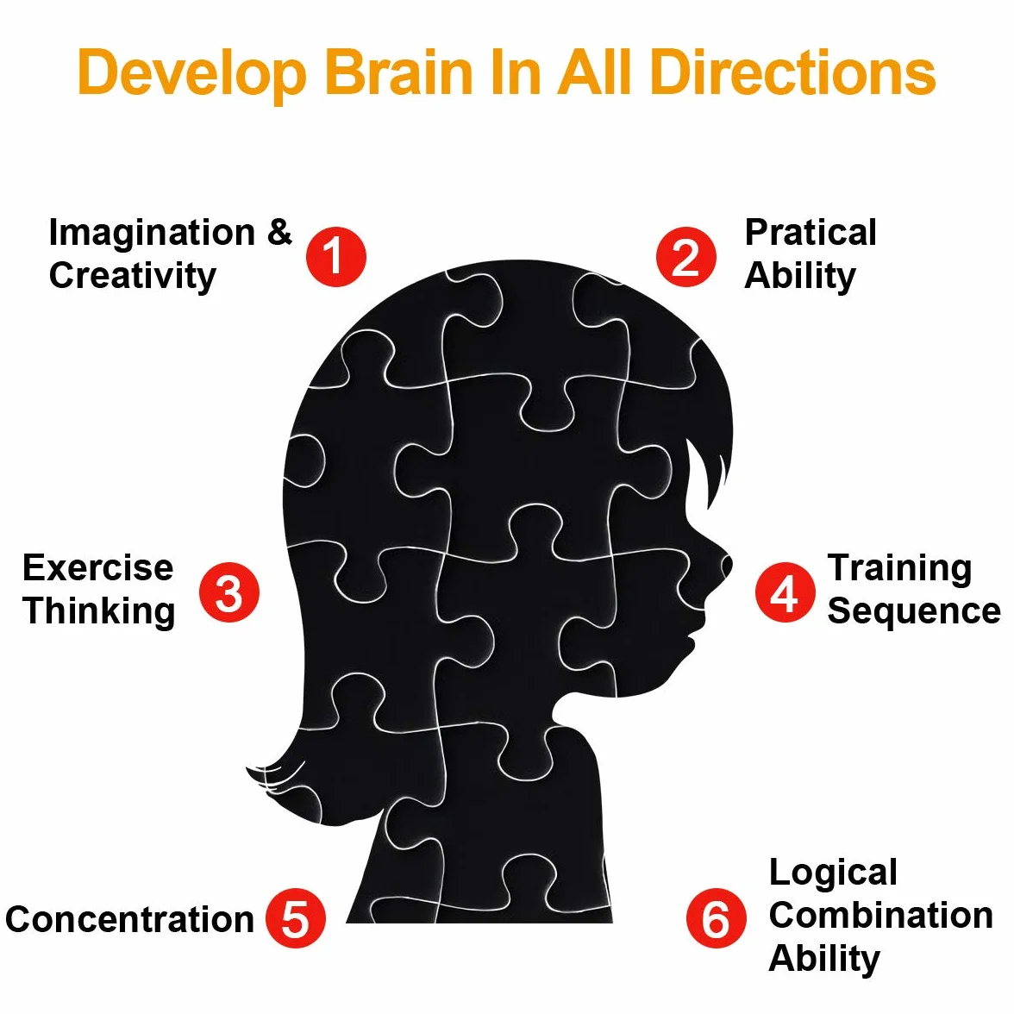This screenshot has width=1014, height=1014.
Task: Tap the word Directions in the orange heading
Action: click(x=793, y=72)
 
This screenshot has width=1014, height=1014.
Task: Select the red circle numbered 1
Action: click(x=336, y=257)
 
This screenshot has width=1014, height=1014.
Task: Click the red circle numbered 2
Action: click(x=686, y=257)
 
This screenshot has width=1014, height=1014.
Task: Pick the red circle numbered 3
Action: click(x=229, y=592)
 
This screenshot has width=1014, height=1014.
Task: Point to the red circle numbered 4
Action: click(x=785, y=592)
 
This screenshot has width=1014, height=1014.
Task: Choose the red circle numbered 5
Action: click(x=296, y=918)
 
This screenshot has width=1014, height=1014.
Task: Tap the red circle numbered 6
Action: click(x=717, y=918)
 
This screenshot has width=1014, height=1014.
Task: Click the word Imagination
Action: click(x=152, y=233)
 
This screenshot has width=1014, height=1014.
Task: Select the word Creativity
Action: click(x=133, y=276)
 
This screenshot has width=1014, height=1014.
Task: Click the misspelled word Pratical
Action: click(x=811, y=232)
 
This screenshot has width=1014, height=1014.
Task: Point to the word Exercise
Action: click(x=98, y=567)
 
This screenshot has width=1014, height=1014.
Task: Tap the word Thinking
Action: click(x=99, y=611)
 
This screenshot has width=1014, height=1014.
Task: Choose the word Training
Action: click(x=900, y=569)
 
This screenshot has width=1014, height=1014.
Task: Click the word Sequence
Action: click(x=914, y=612)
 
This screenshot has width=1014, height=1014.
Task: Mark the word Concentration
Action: click(x=129, y=919)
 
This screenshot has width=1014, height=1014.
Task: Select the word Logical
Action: click(x=834, y=873)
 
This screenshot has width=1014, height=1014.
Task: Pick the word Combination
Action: click(x=881, y=916)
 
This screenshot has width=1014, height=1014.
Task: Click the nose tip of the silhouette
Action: click(x=731, y=563)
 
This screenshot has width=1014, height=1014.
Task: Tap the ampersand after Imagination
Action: click(x=280, y=232)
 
